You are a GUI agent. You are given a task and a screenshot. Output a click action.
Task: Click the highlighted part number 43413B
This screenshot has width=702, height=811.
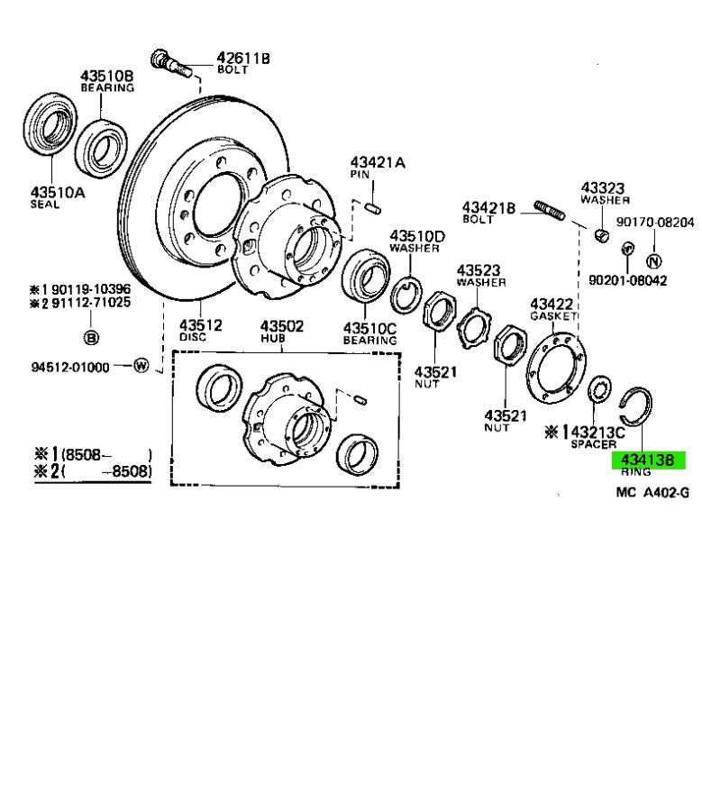(x=647, y=460)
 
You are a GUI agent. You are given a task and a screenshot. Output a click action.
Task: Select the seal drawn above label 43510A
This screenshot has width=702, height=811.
(x=50, y=124)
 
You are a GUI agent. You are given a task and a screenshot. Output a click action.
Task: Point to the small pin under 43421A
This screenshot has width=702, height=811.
(x=372, y=208)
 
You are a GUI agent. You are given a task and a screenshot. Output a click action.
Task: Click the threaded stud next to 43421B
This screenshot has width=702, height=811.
(x=550, y=210)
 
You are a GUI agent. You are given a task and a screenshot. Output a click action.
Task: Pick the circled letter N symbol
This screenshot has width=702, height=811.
(x=654, y=261)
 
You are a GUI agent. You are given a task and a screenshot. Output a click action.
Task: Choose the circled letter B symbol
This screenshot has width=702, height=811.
(x=90, y=337)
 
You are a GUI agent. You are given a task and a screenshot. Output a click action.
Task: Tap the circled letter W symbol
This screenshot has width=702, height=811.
(x=141, y=366)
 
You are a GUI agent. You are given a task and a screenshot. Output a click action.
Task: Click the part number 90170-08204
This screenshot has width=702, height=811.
(x=654, y=223)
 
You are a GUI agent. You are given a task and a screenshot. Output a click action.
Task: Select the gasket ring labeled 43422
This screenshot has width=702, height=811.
(x=556, y=369)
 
